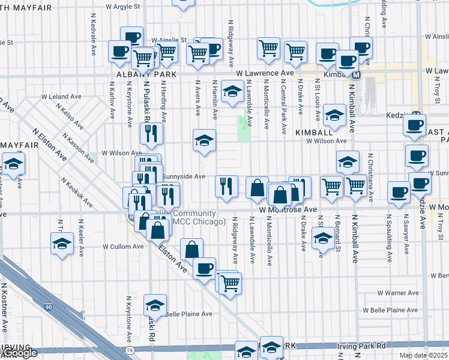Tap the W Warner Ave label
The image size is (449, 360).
[393, 293]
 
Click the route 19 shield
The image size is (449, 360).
[129, 349]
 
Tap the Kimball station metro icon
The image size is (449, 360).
[356, 76]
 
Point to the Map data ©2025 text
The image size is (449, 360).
[423, 355]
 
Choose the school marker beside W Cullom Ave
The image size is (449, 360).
[62, 243]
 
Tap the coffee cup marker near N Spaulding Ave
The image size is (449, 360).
[399, 191]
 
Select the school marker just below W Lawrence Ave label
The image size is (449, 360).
[232, 91]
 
